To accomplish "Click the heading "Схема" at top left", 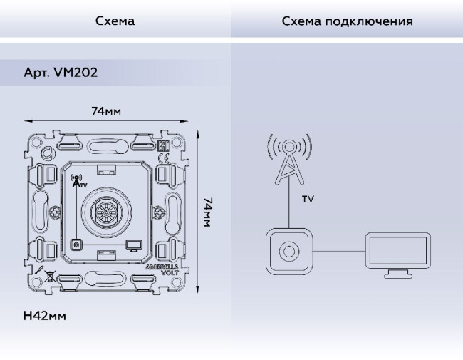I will [115, 21].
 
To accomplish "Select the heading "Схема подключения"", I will [347, 21].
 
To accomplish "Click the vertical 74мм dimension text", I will [207, 212].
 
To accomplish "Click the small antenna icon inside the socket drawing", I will [77, 181].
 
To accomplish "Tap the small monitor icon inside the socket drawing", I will [132, 246].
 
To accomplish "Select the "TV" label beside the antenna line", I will [307, 200].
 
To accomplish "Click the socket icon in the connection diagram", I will [288, 251].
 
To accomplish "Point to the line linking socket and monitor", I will [338, 251].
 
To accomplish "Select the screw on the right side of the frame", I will [171, 212].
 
